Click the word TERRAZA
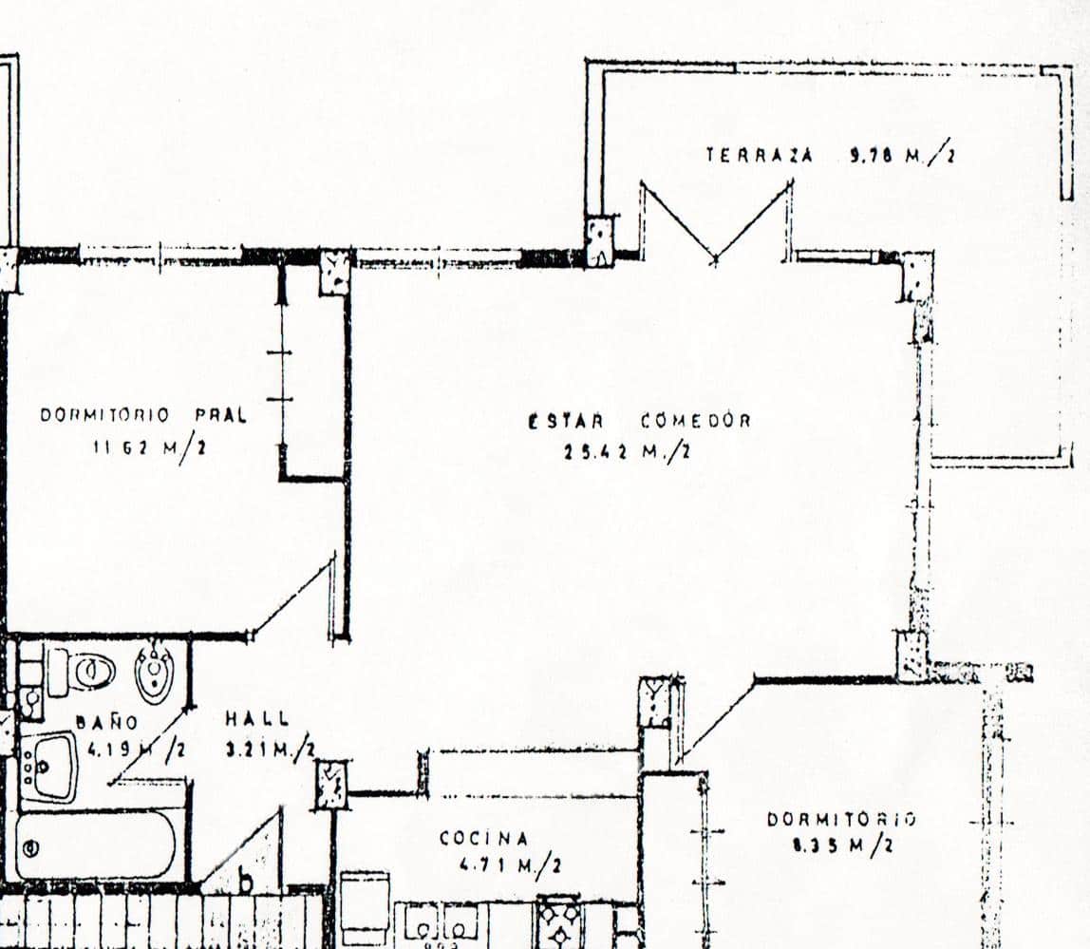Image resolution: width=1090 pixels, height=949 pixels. pyautogui.click(x=759, y=155)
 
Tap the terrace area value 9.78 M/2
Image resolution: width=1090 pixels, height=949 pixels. pyautogui.click(x=901, y=155)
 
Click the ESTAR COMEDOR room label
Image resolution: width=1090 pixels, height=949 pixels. pyautogui.click(x=639, y=421)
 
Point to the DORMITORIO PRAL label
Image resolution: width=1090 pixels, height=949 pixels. pyautogui.click(x=142, y=415)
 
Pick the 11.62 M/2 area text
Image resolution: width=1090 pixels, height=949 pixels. pyautogui.click(x=149, y=447)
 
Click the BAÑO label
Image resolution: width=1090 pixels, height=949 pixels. pyautogui.click(x=95, y=721)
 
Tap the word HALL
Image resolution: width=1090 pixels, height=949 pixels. pyautogui.click(x=257, y=719)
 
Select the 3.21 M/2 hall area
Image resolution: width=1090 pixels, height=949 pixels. pyautogui.click(x=269, y=750)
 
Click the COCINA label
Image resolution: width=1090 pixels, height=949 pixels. pyautogui.click(x=483, y=838)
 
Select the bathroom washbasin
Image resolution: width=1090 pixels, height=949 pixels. pyautogui.click(x=49, y=766)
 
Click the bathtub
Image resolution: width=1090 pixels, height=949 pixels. pyautogui.click(x=95, y=845)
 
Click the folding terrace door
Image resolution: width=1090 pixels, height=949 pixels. pyautogui.click(x=715, y=220)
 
